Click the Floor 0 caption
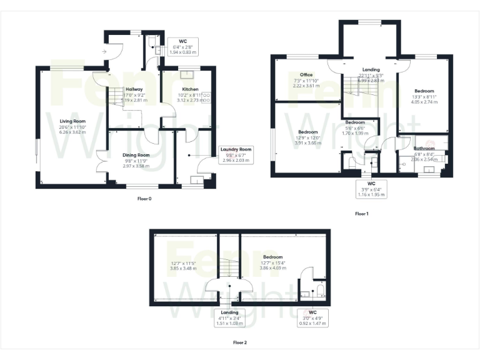point(144,199)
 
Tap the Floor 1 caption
point(362,214)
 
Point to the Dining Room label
point(136,155)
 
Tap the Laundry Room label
point(236,149)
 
